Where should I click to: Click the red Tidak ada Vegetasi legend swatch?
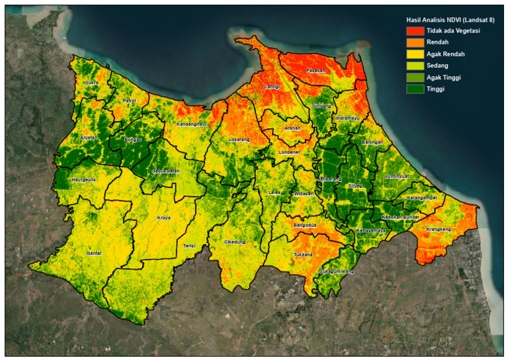[x=415, y=31]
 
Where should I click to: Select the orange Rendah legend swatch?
[x=415, y=42]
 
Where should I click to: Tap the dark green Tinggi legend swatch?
[x=415, y=88]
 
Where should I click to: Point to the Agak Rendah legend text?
[x=445, y=54]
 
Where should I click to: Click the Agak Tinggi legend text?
[x=444, y=77]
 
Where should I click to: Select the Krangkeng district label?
[x=438, y=230]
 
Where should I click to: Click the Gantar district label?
[x=94, y=253]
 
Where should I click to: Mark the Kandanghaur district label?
[x=192, y=124]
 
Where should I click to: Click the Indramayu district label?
[x=349, y=118]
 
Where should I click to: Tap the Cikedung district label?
[x=235, y=242]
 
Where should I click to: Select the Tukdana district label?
[x=303, y=254]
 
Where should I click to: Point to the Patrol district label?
[x=129, y=101]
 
